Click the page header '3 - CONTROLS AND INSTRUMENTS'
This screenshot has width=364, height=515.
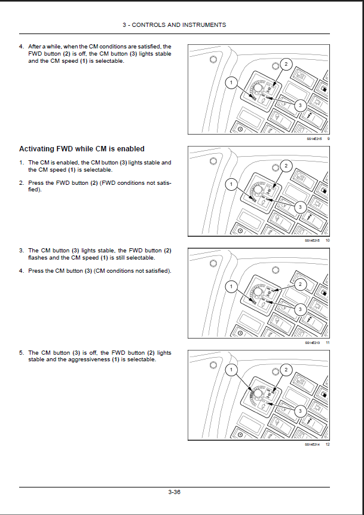(x=174, y=25)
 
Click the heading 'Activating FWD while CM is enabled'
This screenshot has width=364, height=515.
(x=82, y=149)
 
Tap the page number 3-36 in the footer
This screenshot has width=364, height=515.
(x=174, y=492)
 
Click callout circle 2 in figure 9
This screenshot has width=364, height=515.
(x=286, y=64)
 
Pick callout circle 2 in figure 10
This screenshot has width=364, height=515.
(x=286, y=166)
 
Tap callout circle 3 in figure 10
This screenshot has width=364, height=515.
(x=301, y=206)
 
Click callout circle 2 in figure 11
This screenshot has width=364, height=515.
(x=301, y=284)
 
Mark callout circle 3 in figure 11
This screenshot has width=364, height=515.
(x=301, y=309)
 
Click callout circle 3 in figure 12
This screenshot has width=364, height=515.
(x=301, y=411)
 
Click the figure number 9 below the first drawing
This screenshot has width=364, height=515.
(x=328, y=138)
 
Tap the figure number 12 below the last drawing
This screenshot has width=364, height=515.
(x=328, y=444)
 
